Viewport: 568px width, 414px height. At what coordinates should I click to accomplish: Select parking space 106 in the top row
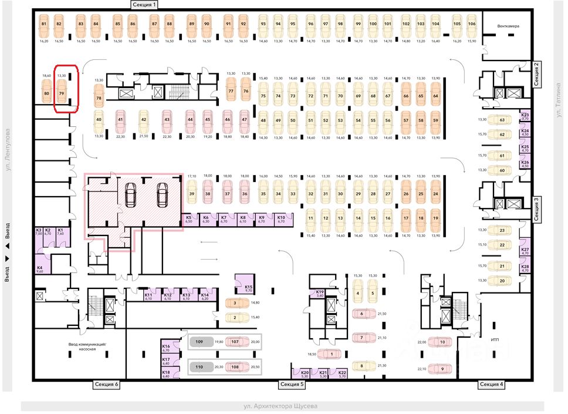coord(472,27)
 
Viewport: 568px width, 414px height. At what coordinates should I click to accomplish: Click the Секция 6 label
coord(107,384)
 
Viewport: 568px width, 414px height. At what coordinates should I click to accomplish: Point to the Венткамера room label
coord(508,26)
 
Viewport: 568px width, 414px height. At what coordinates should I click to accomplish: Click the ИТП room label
coord(494,339)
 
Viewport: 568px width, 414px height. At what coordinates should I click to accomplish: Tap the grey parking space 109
coord(199,342)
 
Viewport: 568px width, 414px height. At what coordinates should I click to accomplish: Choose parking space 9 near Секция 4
coord(442,369)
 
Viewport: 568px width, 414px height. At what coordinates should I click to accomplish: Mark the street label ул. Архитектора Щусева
coord(281,406)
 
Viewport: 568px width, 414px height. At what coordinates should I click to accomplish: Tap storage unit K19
coord(320,294)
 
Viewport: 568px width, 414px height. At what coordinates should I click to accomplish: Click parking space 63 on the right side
coord(502,119)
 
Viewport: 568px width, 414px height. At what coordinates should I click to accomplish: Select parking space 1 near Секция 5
coord(332,354)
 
